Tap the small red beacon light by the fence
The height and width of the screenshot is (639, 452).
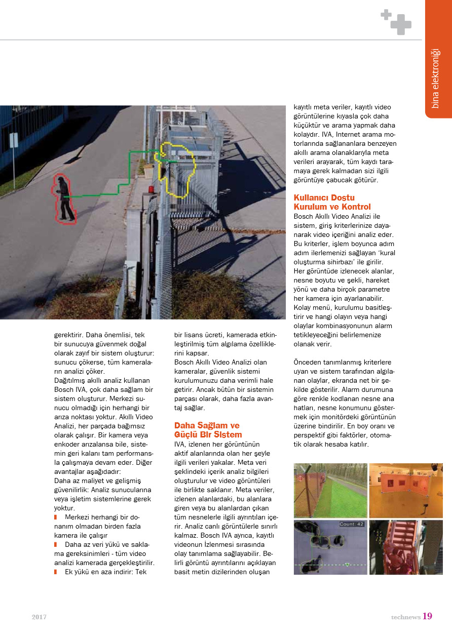click(x=150, y=189)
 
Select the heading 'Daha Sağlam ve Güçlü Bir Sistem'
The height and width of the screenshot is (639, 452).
click(x=207, y=430)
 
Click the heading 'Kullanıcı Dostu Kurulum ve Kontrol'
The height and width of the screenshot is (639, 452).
click(x=332, y=202)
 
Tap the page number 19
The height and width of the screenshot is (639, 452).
click(x=427, y=616)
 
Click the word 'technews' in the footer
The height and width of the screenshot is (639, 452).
click(x=405, y=617)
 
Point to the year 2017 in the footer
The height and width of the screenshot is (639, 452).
click(x=39, y=617)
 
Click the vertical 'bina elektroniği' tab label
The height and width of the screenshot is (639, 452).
click(x=435, y=78)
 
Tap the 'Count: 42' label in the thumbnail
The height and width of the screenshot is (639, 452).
click(x=351, y=525)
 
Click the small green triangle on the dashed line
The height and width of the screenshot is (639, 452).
click(x=347, y=564)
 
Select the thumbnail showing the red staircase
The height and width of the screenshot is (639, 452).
click(x=405, y=547)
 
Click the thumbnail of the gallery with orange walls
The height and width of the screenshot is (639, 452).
click(x=405, y=490)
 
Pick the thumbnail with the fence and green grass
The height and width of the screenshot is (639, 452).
click(x=330, y=490)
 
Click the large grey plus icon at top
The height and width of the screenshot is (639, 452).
click(x=401, y=24)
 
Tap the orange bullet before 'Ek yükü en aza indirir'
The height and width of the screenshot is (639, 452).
click(x=56, y=572)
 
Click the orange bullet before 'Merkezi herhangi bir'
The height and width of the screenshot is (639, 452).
click(x=56, y=517)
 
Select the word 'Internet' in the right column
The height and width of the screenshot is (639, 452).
click(x=353, y=134)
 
